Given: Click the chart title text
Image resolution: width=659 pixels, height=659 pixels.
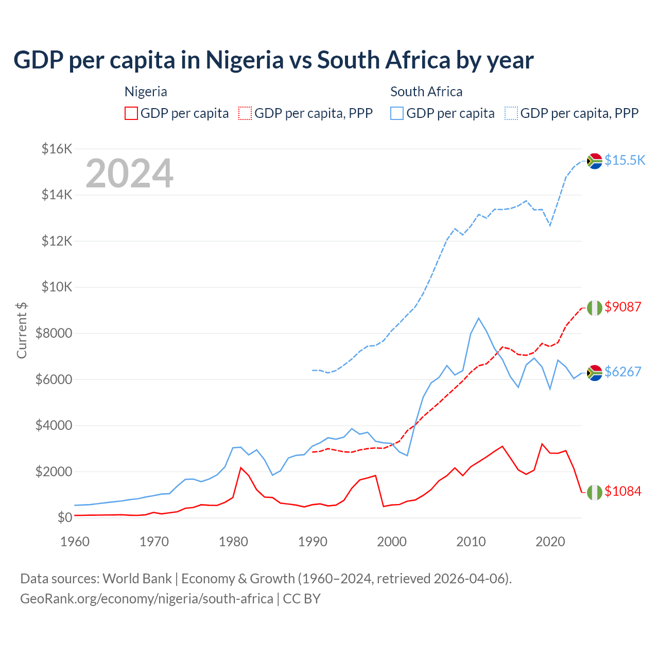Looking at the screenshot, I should (273, 60).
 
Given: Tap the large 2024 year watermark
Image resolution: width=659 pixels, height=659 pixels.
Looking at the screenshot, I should (129, 174).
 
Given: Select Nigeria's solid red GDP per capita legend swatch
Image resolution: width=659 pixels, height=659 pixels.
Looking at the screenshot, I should (131, 113).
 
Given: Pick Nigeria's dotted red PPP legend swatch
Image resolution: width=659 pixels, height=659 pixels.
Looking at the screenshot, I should (245, 113).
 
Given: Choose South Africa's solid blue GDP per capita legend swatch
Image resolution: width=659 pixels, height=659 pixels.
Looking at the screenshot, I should (397, 113).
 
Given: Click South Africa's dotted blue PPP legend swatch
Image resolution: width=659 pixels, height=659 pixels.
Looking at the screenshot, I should (511, 113).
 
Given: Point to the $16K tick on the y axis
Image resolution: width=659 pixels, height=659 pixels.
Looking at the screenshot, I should (57, 149).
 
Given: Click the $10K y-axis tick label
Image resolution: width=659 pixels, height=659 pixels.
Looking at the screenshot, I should (57, 287).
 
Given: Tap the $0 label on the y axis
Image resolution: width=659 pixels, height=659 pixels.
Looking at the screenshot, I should (64, 517).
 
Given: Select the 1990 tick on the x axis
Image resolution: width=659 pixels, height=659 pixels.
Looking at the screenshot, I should (313, 542).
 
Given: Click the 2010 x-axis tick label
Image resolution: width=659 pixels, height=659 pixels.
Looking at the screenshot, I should (471, 542).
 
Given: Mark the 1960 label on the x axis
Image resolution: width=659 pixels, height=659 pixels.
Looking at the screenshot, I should (75, 542).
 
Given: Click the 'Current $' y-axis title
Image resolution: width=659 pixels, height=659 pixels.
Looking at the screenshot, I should (22, 331).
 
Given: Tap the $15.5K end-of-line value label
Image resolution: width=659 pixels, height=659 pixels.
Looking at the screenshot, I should (625, 160).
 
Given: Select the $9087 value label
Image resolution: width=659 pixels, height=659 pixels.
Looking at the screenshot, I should (623, 307).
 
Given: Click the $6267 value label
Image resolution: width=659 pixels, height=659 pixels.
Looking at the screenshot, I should (623, 372).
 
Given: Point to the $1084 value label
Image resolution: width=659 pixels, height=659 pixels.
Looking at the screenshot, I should (623, 491).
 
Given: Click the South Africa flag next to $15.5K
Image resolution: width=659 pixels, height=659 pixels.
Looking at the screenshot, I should (595, 161).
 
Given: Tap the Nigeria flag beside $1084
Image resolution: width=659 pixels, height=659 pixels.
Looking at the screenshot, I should (595, 492).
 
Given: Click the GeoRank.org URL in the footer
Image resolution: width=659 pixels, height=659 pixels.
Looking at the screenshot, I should (147, 599).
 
